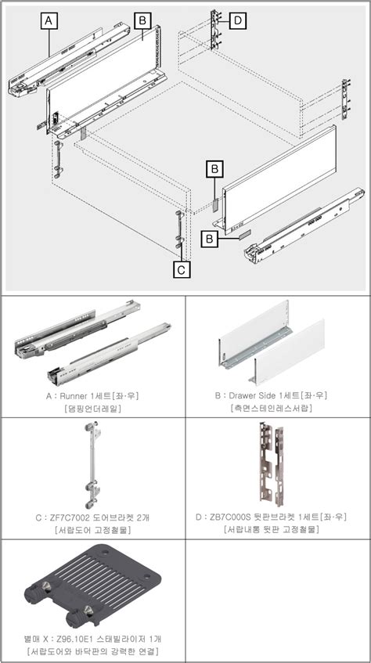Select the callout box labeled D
237,20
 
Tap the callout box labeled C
181,269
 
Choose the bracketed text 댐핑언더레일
92,408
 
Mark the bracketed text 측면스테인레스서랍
278,408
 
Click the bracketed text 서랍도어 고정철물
92,530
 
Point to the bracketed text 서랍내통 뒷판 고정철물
278,530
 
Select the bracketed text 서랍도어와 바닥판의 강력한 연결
92,651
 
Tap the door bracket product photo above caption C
92,465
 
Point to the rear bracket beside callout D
214,31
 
